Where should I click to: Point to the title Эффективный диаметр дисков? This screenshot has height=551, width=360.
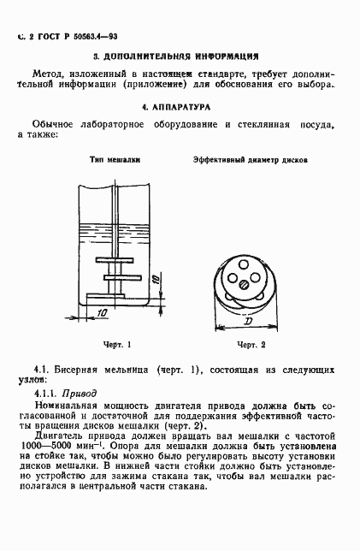click(251, 160)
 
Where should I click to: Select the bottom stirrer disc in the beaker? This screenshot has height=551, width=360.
click(114, 294)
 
